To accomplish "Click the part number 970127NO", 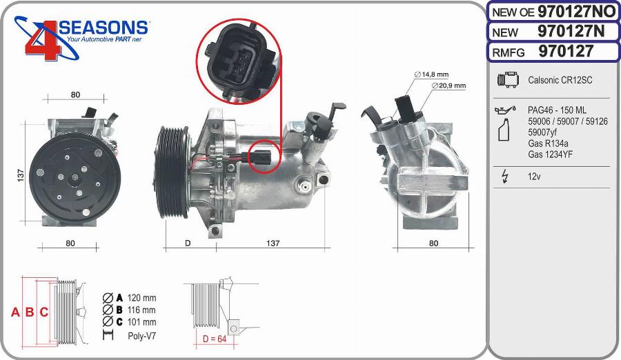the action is coord(576,12).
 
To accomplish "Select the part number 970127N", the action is coord(571,31).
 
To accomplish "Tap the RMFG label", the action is coord(508,52).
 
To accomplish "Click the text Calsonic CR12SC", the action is coord(560,80).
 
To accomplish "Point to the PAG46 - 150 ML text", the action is coord(557,110).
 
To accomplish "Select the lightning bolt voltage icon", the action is coord(505,177).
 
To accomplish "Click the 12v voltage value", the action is coord(534,177).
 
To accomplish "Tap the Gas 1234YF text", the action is coord(550,154).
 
